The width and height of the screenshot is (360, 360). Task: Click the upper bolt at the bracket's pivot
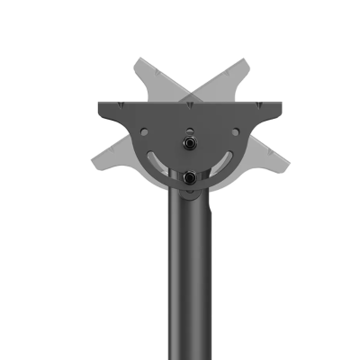[190, 143]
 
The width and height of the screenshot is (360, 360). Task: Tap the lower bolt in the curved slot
[190, 178]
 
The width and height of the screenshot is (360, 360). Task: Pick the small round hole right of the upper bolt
[235, 131]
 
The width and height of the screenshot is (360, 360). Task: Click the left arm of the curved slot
[156, 163]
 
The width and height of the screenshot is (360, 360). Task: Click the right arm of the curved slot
[223, 163]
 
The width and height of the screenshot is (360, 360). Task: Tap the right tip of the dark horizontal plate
[283, 109]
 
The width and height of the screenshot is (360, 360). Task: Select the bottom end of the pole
[189, 355]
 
